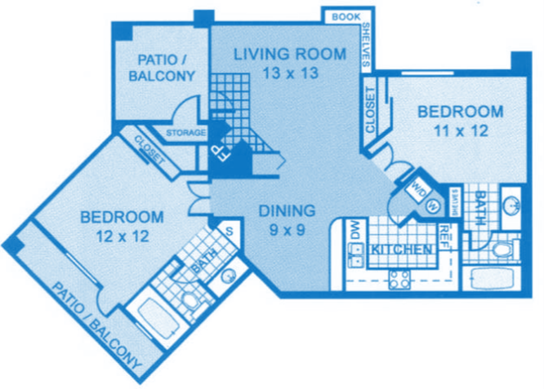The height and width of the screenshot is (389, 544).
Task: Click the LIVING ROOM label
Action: coord(274,55)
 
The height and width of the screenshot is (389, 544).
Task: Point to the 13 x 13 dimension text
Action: coord(274,72)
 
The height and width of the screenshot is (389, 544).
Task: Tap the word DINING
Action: coord(282,211)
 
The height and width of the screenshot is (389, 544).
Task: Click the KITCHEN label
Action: coord(401,249)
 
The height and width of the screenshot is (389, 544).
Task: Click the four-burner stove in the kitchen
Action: coord(399,279)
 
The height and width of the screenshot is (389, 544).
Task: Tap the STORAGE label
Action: coord(185,133)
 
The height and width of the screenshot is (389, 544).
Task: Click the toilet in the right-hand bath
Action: coord(500,249)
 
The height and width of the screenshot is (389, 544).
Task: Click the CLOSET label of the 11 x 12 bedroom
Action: coord(370,110)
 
